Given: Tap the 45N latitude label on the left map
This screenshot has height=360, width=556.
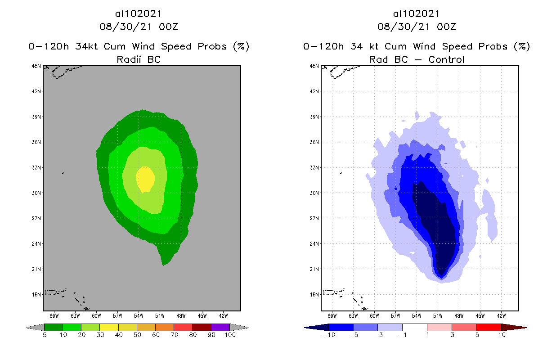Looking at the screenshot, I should click(37, 66).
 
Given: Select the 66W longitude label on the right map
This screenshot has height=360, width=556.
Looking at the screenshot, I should click(332, 315).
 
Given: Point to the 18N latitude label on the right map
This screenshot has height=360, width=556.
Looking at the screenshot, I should click(315, 294).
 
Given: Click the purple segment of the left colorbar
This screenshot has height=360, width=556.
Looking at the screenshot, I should click(220, 327).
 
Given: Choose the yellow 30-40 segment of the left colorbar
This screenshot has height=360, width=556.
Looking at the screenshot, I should click(109, 327).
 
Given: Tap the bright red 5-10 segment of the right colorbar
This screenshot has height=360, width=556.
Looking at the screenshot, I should click(489, 327).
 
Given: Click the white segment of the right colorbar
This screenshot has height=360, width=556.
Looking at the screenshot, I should click(414, 327).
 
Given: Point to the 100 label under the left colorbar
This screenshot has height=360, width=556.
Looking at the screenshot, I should click(230, 335).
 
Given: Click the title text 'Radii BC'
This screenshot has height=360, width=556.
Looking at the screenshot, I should click(139, 59).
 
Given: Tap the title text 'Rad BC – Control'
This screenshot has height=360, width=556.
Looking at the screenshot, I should click(417, 59).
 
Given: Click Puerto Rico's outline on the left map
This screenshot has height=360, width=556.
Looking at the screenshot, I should click(53, 292).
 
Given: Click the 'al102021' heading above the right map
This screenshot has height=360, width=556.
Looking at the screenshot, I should click(417, 14).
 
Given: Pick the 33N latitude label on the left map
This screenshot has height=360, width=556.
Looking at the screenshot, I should click(37, 167).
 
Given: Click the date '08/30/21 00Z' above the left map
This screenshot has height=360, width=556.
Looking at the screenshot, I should click(139, 27).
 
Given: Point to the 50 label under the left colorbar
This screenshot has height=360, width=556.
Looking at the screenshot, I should click(137, 335).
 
